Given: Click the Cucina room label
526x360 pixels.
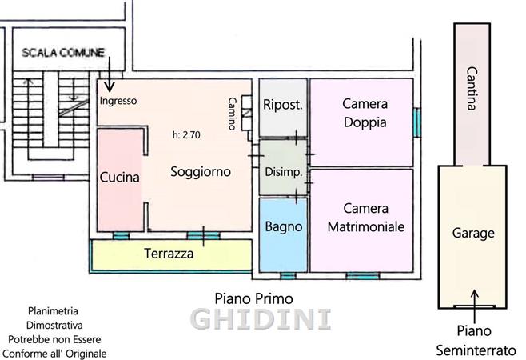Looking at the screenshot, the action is click(119, 177).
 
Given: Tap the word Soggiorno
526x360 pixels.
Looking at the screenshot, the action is click(201, 172).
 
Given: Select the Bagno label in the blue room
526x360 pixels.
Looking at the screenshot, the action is click(284, 226).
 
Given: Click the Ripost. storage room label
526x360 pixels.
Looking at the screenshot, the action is click(283, 105).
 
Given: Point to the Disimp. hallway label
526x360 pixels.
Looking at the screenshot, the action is click(284, 172).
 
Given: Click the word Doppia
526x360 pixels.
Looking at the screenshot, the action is click(365, 122).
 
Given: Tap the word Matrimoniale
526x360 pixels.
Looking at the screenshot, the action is click(366, 226).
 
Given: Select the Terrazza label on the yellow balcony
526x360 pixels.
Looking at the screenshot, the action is click(169, 254).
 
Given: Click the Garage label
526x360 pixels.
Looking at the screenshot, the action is click(473, 234).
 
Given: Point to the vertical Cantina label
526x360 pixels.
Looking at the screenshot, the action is click(472, 88).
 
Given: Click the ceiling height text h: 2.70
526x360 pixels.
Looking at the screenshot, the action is click(186, 135).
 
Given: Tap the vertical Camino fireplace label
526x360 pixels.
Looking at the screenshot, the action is click(232, 114).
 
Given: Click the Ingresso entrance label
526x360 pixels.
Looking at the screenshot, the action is click(118, 101).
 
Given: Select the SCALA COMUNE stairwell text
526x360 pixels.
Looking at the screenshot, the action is click(63, 53).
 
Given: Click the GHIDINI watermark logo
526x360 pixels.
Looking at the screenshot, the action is click(261, 319).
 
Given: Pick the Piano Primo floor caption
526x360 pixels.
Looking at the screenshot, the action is click(254, 298).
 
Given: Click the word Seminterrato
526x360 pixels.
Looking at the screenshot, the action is click(476, 351).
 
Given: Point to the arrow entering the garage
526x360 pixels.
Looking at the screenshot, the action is click(474, 306).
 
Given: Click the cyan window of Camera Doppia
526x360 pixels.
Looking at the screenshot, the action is click(416, 122).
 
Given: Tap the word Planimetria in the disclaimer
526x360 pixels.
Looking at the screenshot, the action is click(53, 311).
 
